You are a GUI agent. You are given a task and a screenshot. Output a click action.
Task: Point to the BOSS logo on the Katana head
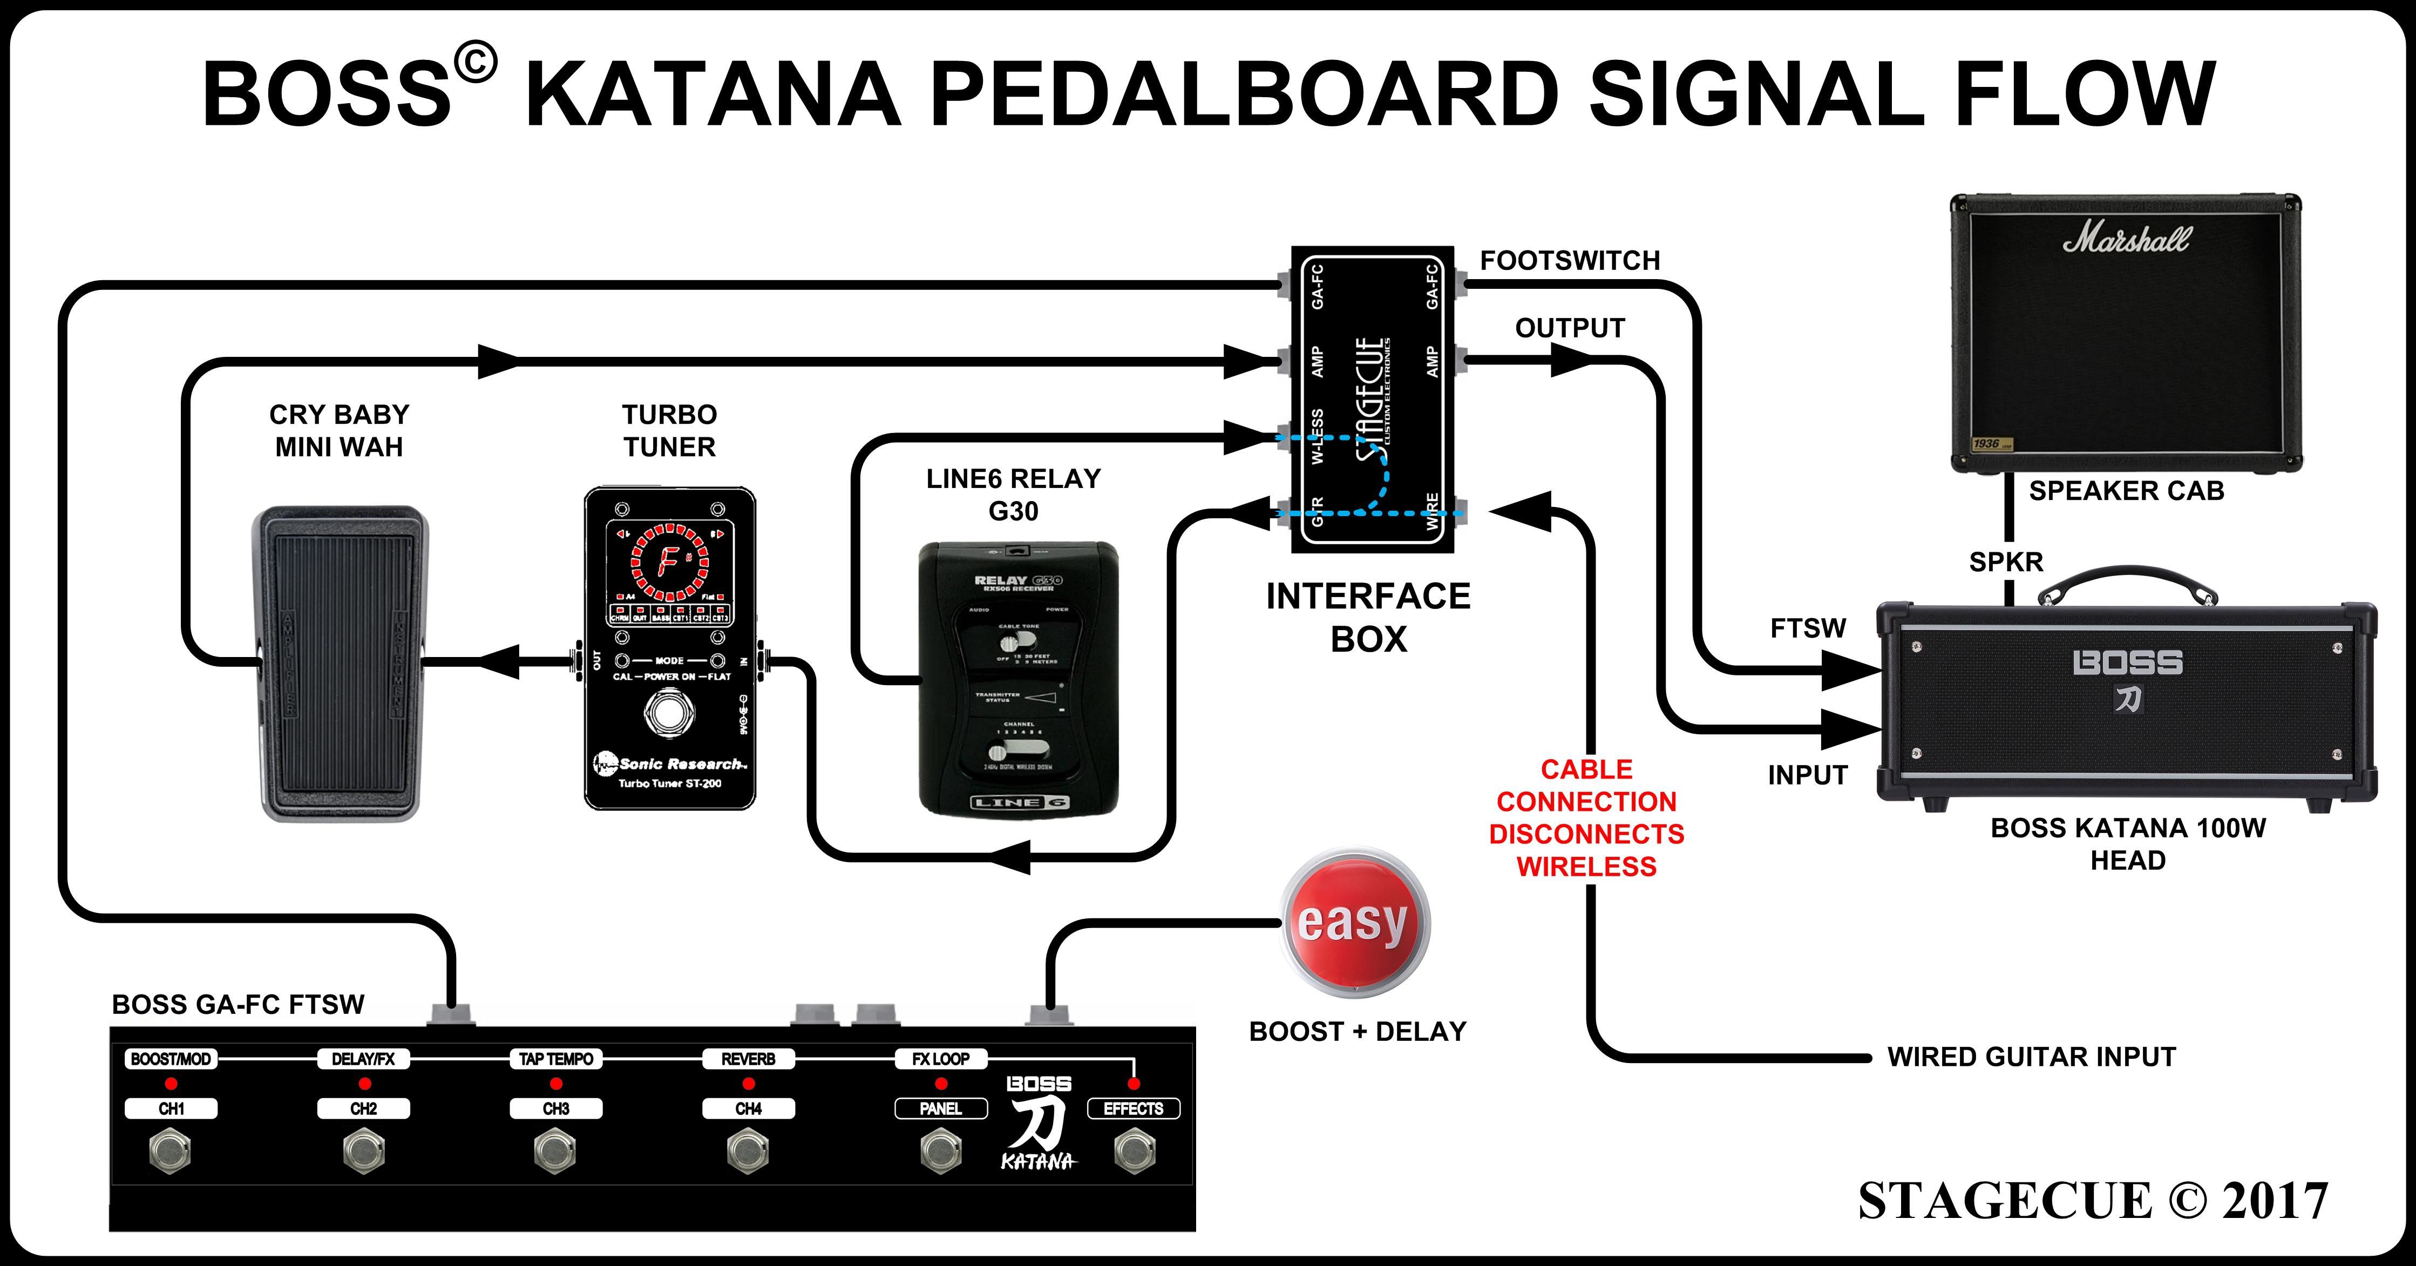[x=2127, y=663]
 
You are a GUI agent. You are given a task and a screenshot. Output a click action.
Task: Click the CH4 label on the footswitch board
[x=749, y=1108]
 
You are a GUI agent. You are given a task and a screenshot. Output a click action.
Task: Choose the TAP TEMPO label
[x=556, y=1059]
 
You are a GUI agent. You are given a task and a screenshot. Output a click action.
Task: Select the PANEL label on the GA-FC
[x=941, y=1108]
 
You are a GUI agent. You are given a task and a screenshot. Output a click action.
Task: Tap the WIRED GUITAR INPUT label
[x=2031, y=1057]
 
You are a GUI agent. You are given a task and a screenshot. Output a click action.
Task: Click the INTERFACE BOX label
[x=1368, y=617]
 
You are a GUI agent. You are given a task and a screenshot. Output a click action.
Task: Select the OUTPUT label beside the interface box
[x=1569, y=328]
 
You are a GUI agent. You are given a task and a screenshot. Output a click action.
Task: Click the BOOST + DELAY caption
[x=1357, y=1032]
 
